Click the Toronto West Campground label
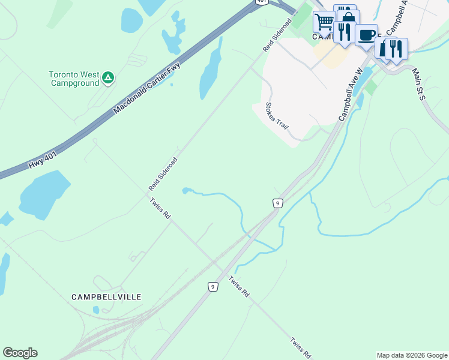[74, 79]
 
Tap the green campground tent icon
[108, 77]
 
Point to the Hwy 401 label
[44, 158]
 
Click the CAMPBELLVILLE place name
[106, 297]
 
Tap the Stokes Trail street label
[277, 116]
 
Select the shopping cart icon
[324, 22]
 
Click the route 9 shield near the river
[277, 203]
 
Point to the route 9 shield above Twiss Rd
[212, 287]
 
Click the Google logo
[20, 353]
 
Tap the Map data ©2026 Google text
[412, 355]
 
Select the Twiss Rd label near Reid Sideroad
[160, 210]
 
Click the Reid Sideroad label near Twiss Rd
[163, 175]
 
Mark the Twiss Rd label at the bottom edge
[301, 348]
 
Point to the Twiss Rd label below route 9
[239, 287]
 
